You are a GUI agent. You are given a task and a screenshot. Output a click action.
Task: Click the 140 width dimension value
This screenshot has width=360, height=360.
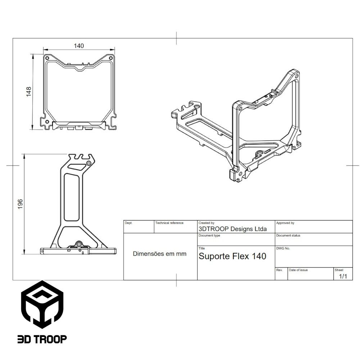(79, 46)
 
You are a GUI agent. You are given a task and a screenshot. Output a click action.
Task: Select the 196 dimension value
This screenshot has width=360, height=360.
(20, 204)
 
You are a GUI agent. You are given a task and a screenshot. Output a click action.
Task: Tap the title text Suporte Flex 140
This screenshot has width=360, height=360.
(233, 256)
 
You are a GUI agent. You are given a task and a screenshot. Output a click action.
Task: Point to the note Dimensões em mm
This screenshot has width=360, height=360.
(160, 254)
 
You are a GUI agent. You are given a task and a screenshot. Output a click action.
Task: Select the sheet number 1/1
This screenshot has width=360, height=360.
(343, 276)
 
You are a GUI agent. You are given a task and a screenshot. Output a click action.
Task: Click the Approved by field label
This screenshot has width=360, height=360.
(285, 223)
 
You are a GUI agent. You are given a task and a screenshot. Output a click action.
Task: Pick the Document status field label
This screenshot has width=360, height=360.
(288, 235)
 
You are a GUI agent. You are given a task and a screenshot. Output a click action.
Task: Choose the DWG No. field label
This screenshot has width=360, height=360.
(283, 248)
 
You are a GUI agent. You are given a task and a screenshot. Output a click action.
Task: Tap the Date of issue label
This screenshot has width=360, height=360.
(298, 270)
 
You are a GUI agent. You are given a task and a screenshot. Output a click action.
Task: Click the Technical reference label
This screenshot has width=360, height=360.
(169, 223)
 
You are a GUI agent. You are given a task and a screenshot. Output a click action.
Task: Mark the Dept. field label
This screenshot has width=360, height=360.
(129, 223)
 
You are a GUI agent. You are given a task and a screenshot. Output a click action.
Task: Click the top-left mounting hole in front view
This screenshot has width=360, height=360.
(47, 58)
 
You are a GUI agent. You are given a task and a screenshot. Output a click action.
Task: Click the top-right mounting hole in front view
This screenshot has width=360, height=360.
(111, 58)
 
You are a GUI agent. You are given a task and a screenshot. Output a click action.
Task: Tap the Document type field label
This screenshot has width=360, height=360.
(209, 235)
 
